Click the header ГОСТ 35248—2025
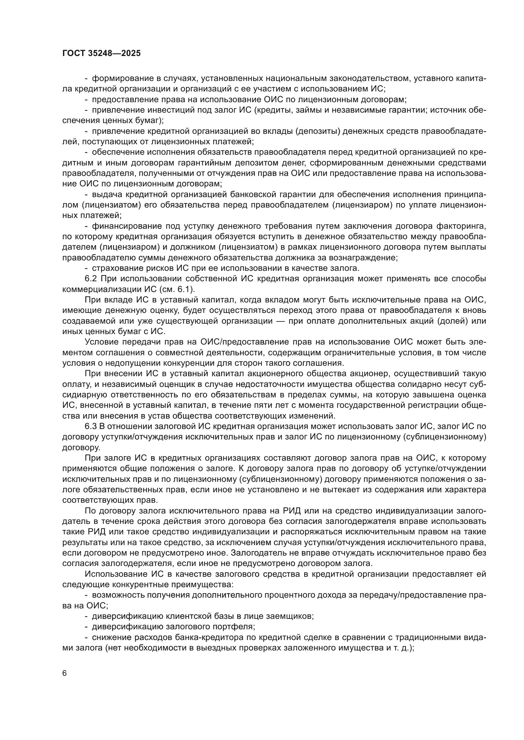[x=101, y=53]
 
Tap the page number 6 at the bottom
[x=65, y=673]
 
